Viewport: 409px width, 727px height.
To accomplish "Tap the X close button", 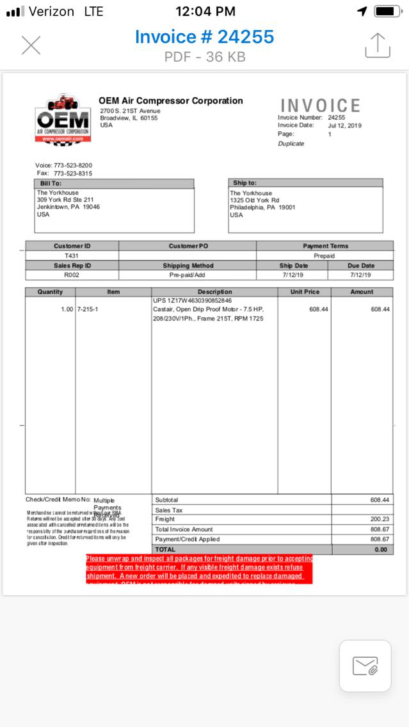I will coord(31,45).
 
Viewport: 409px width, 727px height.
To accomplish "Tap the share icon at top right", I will coord(377,45).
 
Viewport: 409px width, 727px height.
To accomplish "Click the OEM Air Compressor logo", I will coord(62,118).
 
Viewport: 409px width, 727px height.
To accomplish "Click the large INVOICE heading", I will coord(320,106).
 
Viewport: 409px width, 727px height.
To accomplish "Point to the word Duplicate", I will coord(291,143).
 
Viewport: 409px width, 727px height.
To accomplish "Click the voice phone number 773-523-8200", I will coord(72,165).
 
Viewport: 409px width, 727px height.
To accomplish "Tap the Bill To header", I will coord(51,183).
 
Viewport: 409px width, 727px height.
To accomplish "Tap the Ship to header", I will coord(245,183).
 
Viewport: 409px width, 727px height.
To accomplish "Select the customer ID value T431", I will coord(72,255).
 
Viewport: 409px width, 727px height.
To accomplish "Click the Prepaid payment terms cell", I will coord(324,255).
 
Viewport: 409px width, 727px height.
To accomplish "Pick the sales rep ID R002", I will coord(72,275).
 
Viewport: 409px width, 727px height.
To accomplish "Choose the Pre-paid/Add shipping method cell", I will coord(187,275).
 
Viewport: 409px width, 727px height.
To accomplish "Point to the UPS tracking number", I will coord(192,300).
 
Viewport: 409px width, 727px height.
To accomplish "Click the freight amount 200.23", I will coord(380,519).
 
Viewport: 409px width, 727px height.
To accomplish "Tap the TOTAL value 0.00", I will coord(381,549).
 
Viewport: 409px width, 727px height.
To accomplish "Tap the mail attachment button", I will coord(365,666).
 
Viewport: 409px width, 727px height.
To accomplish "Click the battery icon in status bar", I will coord(388,11).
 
